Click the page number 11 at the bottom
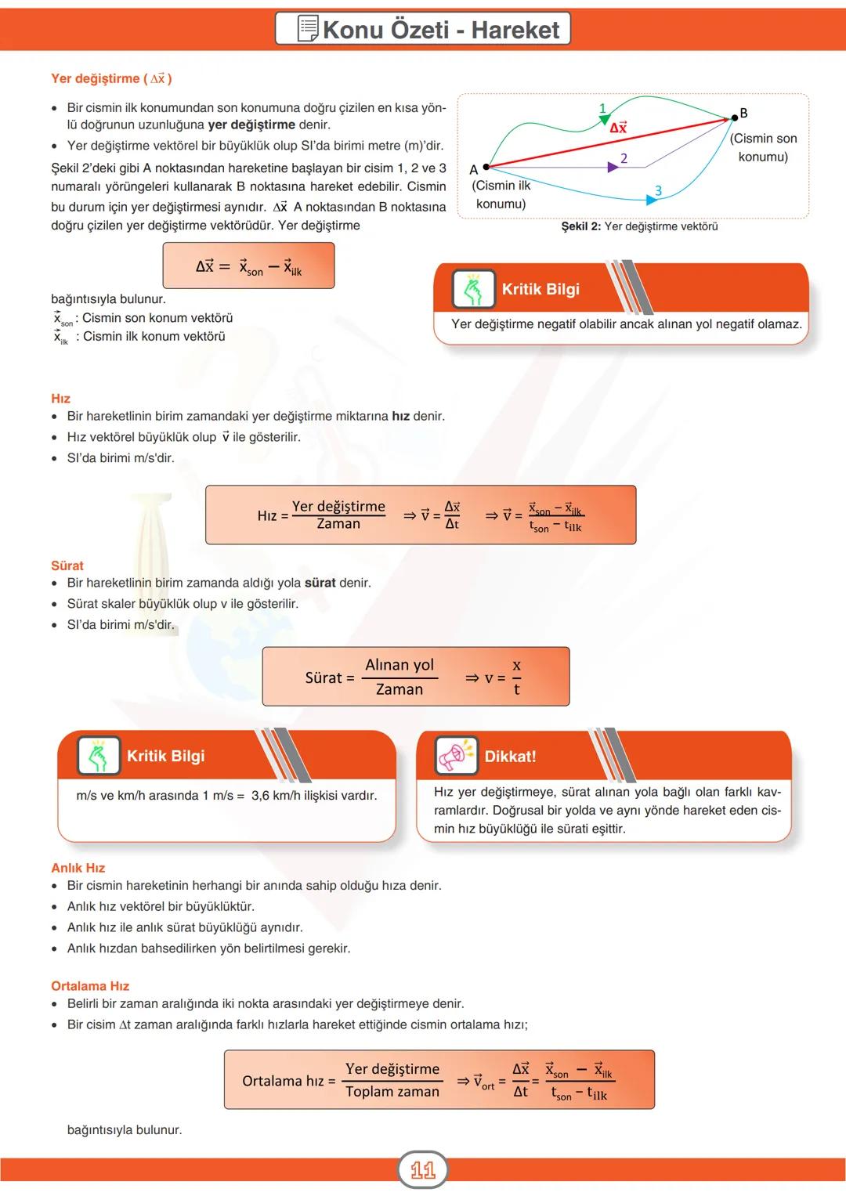(x=423, y=1170)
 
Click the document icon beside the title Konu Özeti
(x=309, y=29)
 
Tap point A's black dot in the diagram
(x=486, y=167)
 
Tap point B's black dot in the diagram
(x=734, y=117)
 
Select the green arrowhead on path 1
(x=604, y=119)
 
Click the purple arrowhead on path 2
(x=613, y=167)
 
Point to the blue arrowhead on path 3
(x=651, y=201)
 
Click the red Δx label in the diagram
(x=618, y=128)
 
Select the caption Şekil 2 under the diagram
(x=638, y=226)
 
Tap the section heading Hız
(x=60, y=399)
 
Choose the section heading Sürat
(x=67, y=565)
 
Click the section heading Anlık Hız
(x=78, y=868)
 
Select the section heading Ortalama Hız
(x=90, y=986)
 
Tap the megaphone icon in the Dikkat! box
(x=456, y=756)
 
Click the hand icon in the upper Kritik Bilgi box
(x=473, y=289)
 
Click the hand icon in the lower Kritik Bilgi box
(x=99, y=756)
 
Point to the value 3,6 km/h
(x=279, y=796)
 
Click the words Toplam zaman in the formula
(x=392, y=1092)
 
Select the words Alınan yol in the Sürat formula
(x=399, y=665)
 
